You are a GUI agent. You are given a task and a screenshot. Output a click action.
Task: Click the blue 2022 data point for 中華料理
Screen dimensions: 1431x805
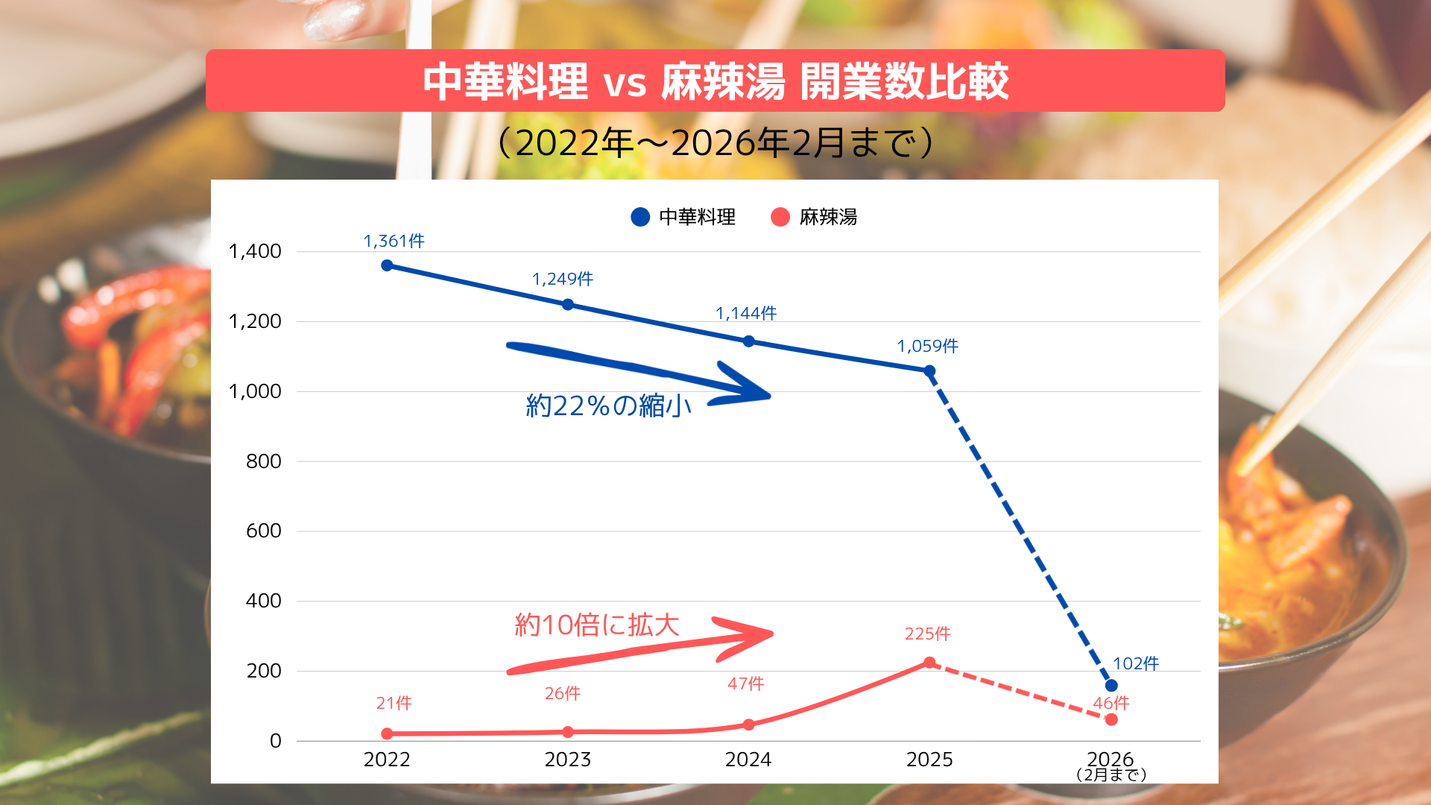(387, 265)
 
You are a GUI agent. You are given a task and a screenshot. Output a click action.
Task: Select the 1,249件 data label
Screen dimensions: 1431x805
(563, 279)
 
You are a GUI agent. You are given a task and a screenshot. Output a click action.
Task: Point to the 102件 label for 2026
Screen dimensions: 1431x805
(1136, 663)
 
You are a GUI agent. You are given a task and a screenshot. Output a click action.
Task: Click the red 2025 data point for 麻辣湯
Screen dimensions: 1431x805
(929, 663)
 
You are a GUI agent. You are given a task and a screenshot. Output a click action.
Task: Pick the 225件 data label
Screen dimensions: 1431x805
(928, 634)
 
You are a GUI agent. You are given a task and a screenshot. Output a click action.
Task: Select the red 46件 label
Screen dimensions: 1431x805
(1111, 703)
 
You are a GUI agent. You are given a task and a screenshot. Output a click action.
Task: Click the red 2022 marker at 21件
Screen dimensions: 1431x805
(387, 733)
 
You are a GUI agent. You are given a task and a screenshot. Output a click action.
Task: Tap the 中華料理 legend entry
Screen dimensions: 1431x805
(683, 217)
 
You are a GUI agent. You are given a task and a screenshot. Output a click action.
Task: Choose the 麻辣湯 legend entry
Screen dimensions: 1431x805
(814, 217)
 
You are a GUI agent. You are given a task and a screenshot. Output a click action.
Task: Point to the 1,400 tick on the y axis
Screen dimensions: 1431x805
(255, 251)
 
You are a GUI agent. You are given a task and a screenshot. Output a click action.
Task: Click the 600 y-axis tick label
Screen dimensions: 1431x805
(264, 531)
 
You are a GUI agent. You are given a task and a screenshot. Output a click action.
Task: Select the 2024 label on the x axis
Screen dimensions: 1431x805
(748, 760)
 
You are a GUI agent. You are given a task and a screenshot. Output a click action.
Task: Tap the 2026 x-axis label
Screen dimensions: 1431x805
(1111, 760)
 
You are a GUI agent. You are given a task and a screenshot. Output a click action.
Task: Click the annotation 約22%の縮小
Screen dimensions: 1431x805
(609, 405)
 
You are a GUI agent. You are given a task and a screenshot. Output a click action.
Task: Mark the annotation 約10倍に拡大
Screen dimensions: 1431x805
(597, 625)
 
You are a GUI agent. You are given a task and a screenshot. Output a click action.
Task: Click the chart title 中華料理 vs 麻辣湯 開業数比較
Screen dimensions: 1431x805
(715, 81)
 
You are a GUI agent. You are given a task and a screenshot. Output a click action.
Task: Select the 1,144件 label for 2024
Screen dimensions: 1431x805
(746, 313)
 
